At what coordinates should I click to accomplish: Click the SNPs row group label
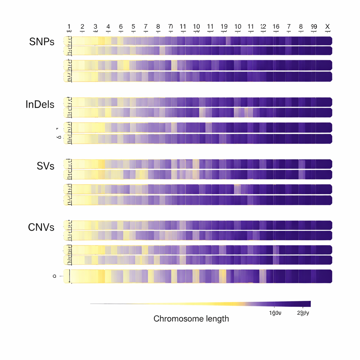click(x=42, y=41)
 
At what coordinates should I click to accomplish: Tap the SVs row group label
click(x=45, y=166)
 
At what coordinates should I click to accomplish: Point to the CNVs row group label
click(x=41, y=227)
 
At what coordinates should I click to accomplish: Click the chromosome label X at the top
click(x=328, y=27)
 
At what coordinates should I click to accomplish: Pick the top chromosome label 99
click(x=314, y=27)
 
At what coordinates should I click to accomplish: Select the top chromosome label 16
click(x=276, y=27)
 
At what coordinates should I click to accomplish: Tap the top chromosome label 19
click(x=224, y=27)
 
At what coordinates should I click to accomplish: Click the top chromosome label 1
click(x=69, y=27)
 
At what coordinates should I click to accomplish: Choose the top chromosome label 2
click(x=82, y=27)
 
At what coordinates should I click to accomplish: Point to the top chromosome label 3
click(x=95, y=27)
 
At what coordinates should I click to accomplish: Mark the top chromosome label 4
click(x=108, y=27)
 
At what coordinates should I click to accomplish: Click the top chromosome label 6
click(x=121, y=27)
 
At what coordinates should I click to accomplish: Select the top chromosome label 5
click(x=133, y=27)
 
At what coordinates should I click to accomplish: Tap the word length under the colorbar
click(x=217, y=319)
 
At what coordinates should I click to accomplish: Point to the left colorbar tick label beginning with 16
click(x=275, y=313)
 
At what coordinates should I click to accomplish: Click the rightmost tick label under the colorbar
click(x=303, y=313)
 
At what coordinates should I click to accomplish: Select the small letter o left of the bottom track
click(x=54, y=276)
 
